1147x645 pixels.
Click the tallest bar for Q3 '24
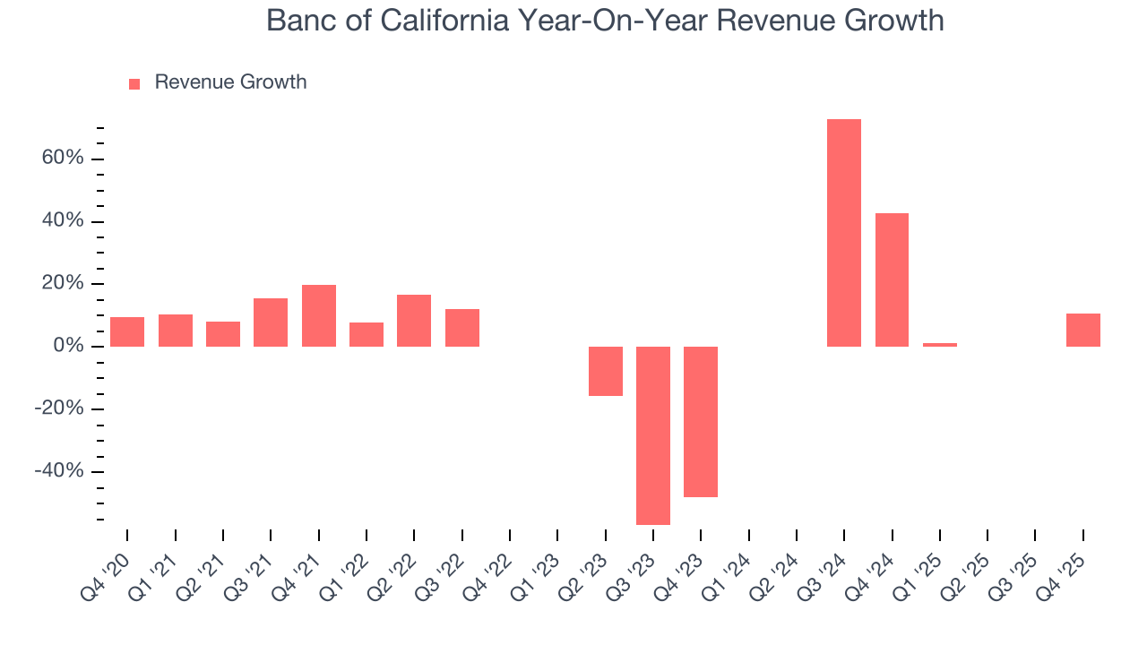coord(843,233)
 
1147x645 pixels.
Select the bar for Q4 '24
coord(892,279)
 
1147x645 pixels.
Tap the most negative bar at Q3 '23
coord(652,435)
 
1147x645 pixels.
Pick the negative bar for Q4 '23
coord(701,421)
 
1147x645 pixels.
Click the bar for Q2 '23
coord(605,371)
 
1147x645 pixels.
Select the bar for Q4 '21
coord(318,315)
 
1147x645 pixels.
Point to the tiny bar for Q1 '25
coord(939,344)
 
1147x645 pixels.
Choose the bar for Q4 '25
coord(1082,330)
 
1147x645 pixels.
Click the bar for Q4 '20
coord(127,331)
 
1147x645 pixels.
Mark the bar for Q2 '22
coord(414,321)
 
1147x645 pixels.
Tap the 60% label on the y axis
coord(62,159)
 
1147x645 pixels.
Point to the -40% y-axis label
coord(58,471)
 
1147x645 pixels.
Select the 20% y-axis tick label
coord(62,284)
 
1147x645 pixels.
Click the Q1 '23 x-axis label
coord(536,575)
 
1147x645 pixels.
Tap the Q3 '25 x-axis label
coord(1013,575)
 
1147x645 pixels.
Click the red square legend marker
coord(134,83)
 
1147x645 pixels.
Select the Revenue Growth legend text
coord(230,82)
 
